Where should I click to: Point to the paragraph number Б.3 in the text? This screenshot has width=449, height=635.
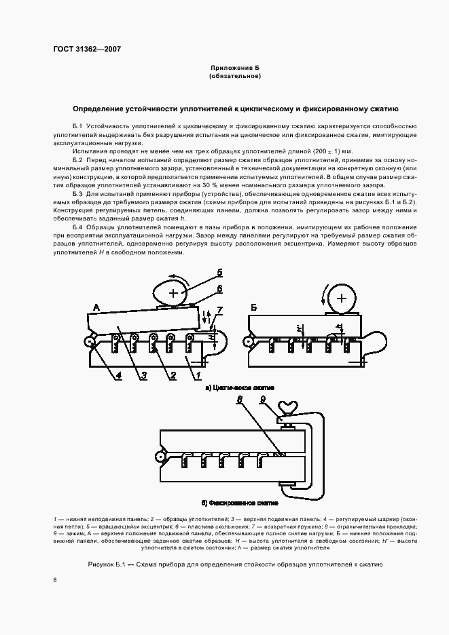pos(77,194)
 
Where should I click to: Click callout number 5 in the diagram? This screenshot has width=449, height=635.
pos(219,273)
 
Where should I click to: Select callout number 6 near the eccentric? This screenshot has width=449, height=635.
pos(219,288)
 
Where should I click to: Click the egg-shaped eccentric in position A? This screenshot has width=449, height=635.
pos(174,292)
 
